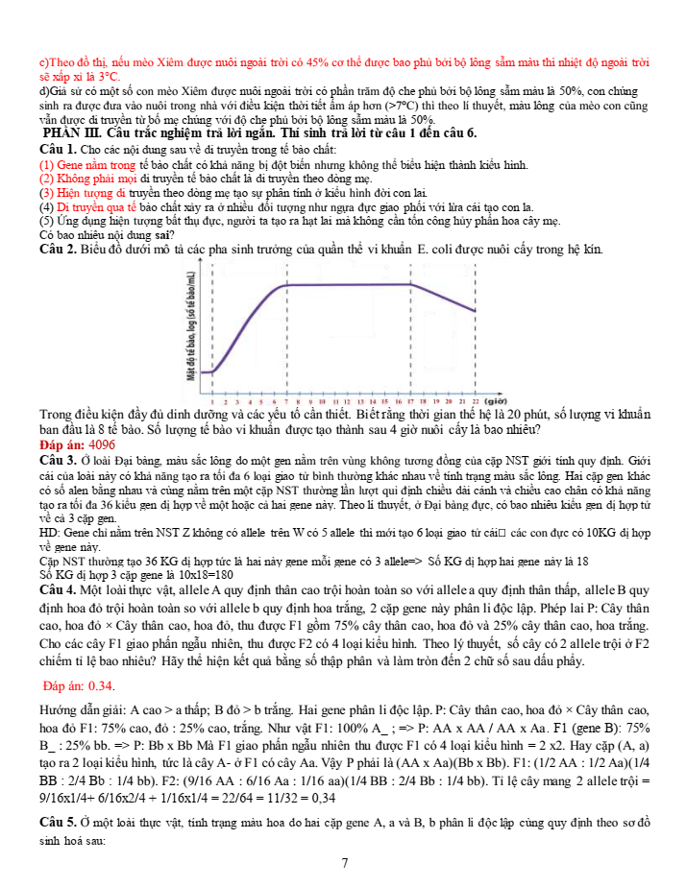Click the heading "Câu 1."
pos(59,152)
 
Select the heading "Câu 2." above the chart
pos(59,250)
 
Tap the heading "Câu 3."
pos(59,462)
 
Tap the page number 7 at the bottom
pos(344,863)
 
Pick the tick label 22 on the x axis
pos(475,400)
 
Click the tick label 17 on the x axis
pos(411,400)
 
